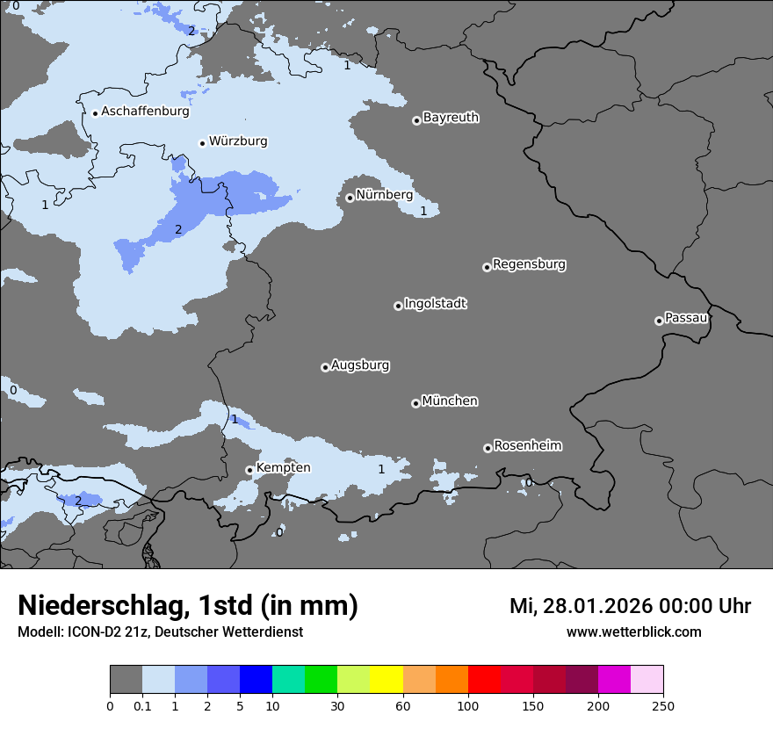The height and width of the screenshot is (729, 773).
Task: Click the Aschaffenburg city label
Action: point(145,112)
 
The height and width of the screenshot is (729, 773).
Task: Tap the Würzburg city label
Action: point(238,141)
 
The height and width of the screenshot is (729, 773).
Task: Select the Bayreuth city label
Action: point(451,118)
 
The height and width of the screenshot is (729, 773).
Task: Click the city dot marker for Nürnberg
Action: point(350,198)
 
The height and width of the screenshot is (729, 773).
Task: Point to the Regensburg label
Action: point(529,264)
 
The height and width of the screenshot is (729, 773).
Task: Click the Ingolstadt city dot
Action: point(398,306)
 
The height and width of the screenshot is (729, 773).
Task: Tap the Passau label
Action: point(686,318)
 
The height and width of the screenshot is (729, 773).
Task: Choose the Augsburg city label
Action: point(360,365)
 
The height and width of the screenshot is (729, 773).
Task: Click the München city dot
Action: point(415,403)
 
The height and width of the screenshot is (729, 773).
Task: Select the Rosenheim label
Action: point(527,446)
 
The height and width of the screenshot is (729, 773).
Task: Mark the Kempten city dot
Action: point(249,470)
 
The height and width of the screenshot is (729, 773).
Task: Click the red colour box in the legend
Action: point(484,680)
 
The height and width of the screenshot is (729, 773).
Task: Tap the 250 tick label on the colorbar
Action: point(663,705)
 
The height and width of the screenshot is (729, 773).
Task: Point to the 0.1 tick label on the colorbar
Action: point(142,705)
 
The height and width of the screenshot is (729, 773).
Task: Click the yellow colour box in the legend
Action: point(386,680)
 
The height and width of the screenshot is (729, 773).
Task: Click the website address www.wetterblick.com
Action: point(633,632)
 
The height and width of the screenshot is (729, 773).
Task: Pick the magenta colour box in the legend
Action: point(614,680)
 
